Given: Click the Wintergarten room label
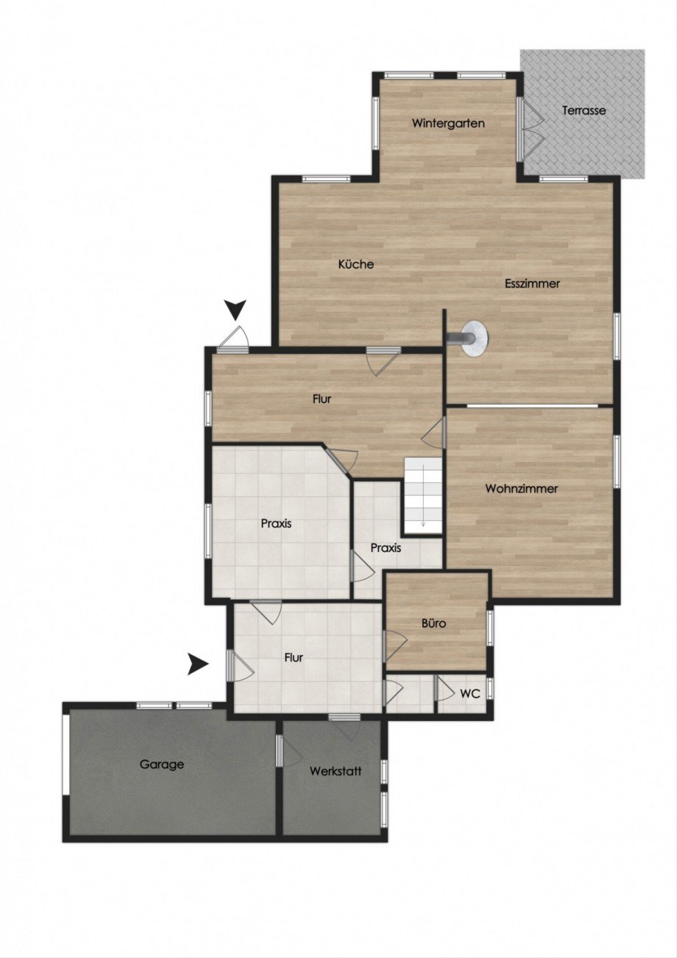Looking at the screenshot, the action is pyautogui.click(x=448, y=123).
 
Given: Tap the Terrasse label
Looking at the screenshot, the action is pyautogui.click(x=584, y=110).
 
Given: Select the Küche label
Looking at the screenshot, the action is pyautogui.click(x=356, y=264).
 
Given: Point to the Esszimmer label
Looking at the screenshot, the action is pyautogui.click(x=532, y=283).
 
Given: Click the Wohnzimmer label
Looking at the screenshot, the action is pyautogui.click(x=521, y=489).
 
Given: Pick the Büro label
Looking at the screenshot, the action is pyautogui.click(x=433, y=623).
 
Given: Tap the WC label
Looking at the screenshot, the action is pyautogui.click(x=470, y=694).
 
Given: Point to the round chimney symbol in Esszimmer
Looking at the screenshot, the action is pyautogui.click(x=474, y=338).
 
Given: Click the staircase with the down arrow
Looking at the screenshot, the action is pyautogui.click(x=423, y=495).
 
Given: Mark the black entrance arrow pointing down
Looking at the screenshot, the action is pyautogui.click(x=235, y=310).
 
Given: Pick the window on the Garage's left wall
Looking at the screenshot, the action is pyautogui.click(x=65, y=755).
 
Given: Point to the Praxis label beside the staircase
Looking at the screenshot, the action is pyautogui.click(x=386, y=548).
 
